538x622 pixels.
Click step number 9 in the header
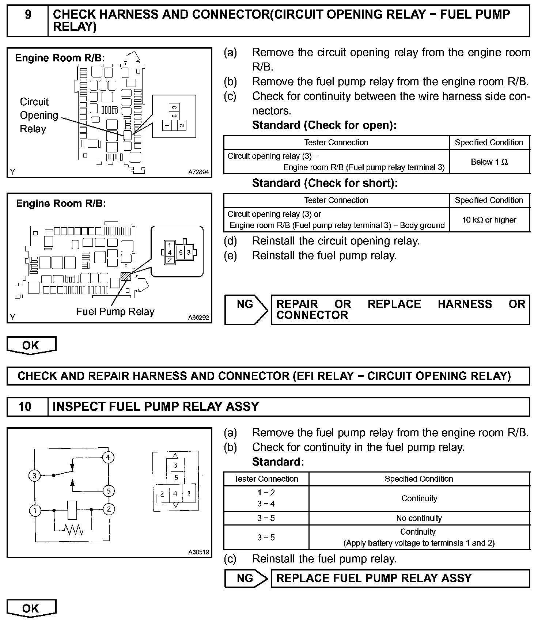pos(28,15)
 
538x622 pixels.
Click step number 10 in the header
pos(25,407)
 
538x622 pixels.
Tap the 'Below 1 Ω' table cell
pos(489,162)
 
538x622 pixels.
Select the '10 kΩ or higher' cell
pos(489,220)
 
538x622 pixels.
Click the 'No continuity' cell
pos(419,518)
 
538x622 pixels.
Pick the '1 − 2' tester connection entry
pos(266,493)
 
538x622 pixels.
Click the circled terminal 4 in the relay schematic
pos(108,457)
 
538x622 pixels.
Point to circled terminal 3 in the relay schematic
pos(34,475)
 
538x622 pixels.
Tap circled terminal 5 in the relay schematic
pos(108,491)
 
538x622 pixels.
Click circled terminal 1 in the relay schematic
pos(35,510)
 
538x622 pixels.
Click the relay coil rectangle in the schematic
pos(72,509)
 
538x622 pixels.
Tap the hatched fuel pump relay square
pos(126,276)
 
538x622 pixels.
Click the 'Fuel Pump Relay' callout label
pos(115,312)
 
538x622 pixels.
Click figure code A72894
pos(198,172)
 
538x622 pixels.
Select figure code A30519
pos(198,552)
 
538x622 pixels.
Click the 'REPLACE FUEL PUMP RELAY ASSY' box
pos(400,578)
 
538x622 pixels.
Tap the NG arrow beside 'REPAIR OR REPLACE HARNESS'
pos(246,310)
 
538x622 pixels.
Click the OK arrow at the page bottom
pos(31,609)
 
